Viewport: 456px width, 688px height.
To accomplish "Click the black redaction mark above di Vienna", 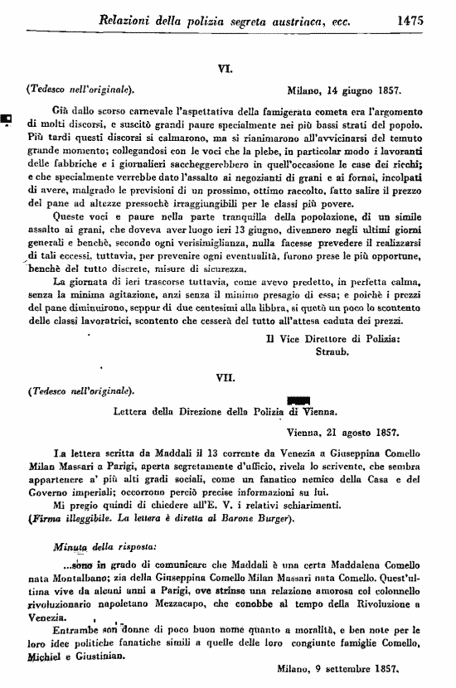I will coord(296,400).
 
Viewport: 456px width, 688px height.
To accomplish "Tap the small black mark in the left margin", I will coord(6,118).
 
